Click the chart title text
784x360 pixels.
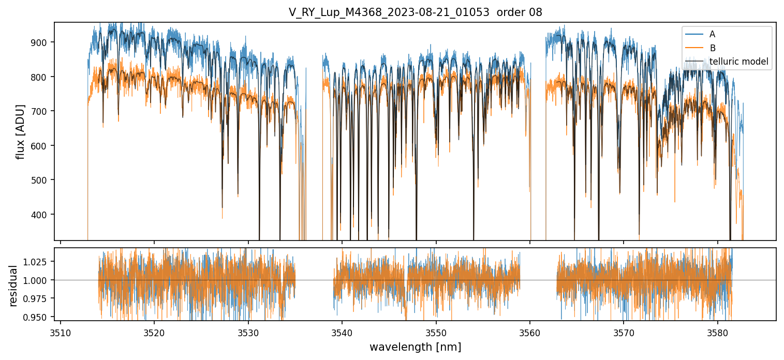coord(415,12)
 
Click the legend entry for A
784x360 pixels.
coord(712,34)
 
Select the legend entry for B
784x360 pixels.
coord(712,48)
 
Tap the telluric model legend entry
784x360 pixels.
coord(738,62)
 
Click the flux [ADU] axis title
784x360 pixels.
coord(21,131)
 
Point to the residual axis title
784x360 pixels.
coord(13,286)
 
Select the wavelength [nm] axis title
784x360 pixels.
coord(415,347)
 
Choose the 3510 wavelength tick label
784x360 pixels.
coord(61,332)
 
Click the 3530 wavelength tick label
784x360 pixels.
coord(248,332)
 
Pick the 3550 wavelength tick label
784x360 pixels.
coord(436,332)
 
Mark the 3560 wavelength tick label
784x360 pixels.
coord(530,332)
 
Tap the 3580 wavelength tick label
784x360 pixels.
coord(718,332)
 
